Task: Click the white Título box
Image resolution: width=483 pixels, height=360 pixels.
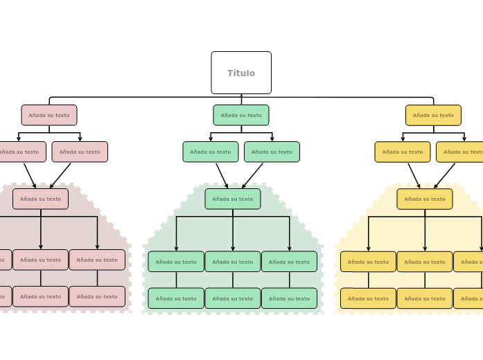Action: point(241,73)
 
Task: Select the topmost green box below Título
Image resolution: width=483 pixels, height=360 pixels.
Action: point(241,115)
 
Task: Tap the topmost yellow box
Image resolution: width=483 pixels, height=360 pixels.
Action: point(433,115)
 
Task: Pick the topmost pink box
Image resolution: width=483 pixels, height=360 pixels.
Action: point(49,115)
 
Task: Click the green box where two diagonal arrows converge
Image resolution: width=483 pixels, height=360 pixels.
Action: point(233,199)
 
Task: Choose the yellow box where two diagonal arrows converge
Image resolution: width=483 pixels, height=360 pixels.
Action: point(425,199)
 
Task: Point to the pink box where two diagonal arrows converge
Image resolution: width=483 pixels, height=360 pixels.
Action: point(40,199)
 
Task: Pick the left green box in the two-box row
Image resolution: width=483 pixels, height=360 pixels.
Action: point(211,152)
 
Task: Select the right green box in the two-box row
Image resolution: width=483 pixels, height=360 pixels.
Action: point(272,152)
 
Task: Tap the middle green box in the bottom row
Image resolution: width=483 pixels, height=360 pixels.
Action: point(233,298)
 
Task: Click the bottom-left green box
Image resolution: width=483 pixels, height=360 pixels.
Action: point(176,298)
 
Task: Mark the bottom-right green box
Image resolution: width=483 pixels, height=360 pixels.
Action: point(289,298)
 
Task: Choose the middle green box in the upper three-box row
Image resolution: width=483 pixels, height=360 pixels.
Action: point(233,262)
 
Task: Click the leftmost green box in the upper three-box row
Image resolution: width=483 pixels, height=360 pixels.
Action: point(176,262)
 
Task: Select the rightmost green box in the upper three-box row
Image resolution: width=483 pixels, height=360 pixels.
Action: point(289,262)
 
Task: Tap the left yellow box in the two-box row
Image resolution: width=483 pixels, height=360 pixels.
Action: point(403,152)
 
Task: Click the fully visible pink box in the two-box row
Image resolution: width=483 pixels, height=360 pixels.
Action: point(80,152)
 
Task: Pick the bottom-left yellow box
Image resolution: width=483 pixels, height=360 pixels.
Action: point(368,298)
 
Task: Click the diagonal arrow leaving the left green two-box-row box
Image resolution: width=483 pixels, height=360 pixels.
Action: point(222,175)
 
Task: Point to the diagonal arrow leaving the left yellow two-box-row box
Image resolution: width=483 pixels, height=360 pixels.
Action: point(414,175)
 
